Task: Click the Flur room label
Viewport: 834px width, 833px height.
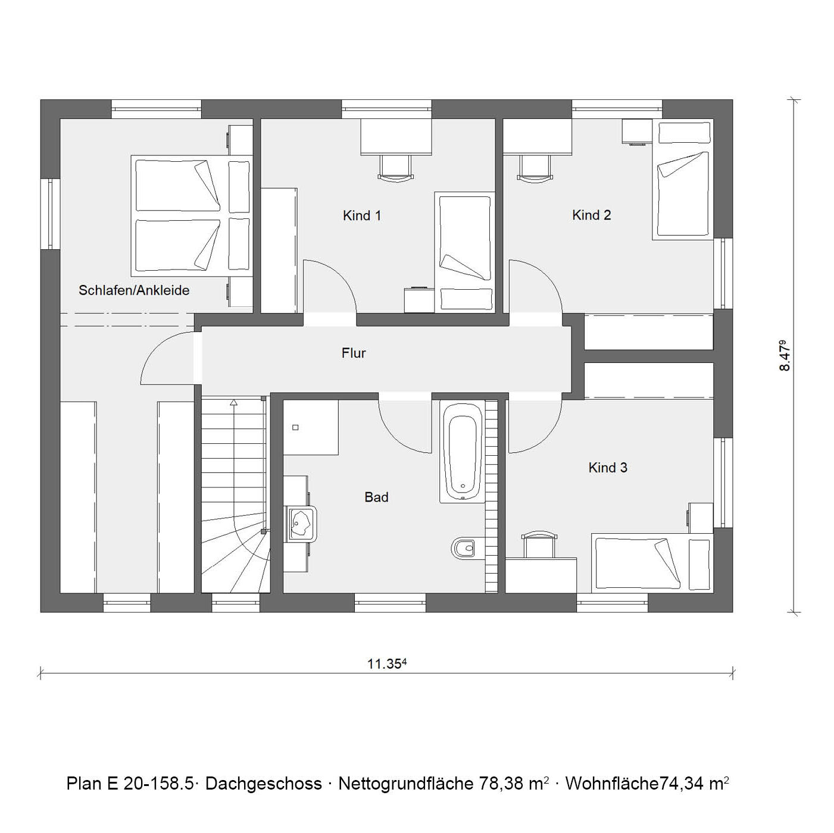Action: click(353, 353)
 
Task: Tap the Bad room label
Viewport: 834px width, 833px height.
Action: click(376, 497)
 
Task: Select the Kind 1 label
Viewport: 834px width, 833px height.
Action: click(362, 215)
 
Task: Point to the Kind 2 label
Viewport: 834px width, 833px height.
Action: click(591, 215)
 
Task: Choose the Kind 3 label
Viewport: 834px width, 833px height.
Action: click(608, 467)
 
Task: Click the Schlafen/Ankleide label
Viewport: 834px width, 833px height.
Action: click(134, 290)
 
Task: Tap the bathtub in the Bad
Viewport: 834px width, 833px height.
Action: click(461, 452)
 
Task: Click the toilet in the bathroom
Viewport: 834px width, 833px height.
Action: click(463, 549)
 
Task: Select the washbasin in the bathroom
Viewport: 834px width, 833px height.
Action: click(302, 524)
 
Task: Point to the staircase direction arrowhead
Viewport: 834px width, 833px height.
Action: click(234, 402)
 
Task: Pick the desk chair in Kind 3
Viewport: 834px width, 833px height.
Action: click(539, 546)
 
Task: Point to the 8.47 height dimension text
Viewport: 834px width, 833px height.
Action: click(784, 356)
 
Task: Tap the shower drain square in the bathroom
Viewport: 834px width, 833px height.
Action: click(296, 428)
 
